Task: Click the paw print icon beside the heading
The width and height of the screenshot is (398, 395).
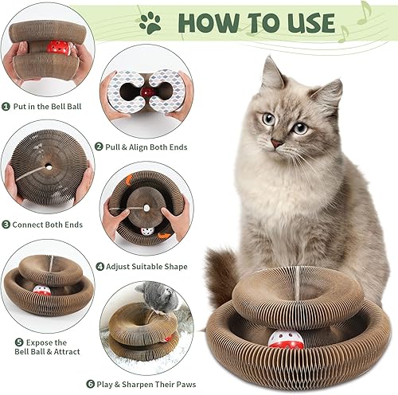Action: click(150, 22)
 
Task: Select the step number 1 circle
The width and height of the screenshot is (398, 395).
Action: click(7, 105)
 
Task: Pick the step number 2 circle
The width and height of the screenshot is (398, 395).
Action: click(99, 147)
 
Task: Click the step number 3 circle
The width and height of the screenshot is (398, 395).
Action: click(7, 225)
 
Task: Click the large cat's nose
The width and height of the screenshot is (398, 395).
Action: click(276, 143)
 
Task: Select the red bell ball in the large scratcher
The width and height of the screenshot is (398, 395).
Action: click(286, 340)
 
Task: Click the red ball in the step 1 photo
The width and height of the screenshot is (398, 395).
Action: click(57, 47)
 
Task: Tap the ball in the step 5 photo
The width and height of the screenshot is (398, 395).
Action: click(42, 291)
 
